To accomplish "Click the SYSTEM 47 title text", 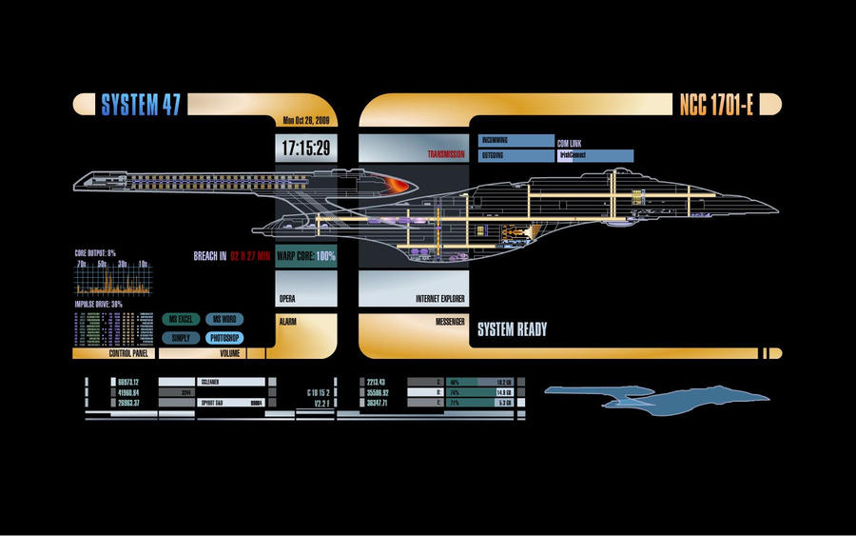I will coord(141,105).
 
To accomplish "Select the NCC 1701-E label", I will coord(716,105).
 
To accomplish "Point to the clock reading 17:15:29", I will coord(305,148).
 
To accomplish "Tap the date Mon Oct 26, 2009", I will coord(304,121).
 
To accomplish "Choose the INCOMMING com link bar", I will coord(516,141).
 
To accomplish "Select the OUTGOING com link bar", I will coord(516,155).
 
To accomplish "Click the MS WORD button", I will coord(224,320).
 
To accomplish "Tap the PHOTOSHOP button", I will coord(224,338).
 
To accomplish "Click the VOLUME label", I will coord(229,353).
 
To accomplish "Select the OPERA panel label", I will coord(287,298).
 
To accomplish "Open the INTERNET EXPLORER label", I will coord(439,298).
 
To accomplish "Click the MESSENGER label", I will coord(450,322).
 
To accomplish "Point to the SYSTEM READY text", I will coord(512,329).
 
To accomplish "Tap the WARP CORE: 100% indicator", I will coord(306,256).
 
